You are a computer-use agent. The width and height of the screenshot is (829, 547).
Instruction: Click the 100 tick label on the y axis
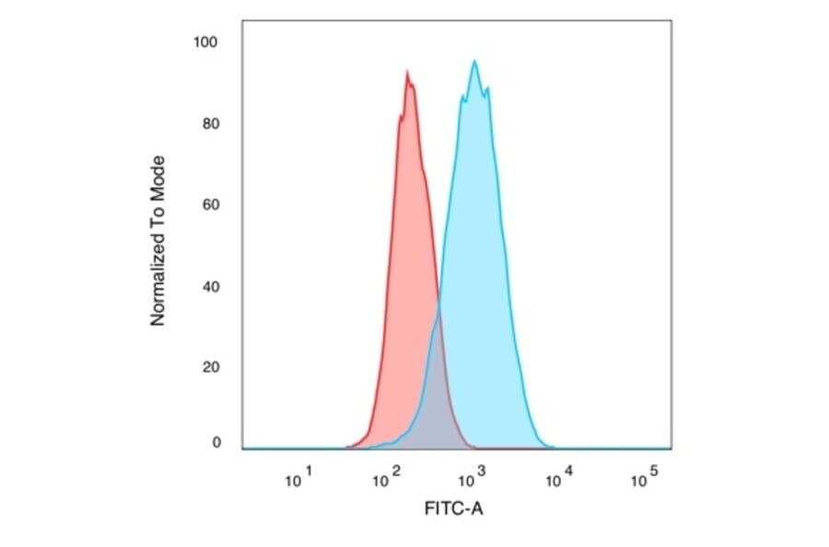pos(206,42)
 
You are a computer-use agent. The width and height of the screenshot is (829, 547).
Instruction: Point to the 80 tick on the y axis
pos(211,124)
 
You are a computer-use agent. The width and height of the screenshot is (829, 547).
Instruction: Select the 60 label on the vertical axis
pos(211,204)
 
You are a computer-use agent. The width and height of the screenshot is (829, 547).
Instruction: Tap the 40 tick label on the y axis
pos(211,286)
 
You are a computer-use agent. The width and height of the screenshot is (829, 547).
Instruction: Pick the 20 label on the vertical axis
pos(211,367)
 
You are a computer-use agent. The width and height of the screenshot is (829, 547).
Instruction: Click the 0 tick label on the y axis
pos(216,443)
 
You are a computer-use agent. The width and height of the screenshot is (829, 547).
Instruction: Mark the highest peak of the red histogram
pos(406,71)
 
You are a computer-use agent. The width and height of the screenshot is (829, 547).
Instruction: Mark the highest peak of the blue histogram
pos(474,61)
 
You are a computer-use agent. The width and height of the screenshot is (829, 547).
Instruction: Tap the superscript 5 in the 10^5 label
pos(655,471)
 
